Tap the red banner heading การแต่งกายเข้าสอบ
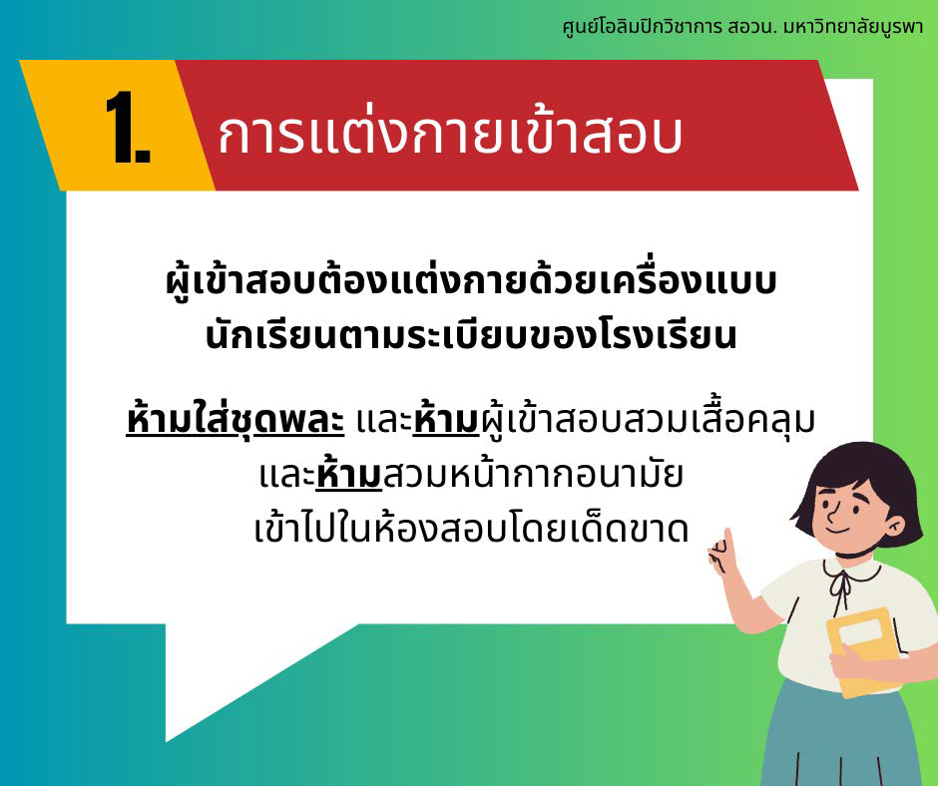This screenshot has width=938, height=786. [450, 133]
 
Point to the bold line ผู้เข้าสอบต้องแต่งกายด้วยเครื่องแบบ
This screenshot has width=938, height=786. [471, 281]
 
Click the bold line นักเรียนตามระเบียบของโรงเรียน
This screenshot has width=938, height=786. [471, 335]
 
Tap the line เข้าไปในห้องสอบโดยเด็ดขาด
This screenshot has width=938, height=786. [471, 528]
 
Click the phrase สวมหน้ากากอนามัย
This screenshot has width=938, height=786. [533, 475]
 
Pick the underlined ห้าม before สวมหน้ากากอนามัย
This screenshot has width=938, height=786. [349, 475]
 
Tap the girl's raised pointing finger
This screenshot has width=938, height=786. [728, 541]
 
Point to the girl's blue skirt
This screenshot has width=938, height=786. [849, 737]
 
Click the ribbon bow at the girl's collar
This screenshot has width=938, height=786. [840, 587]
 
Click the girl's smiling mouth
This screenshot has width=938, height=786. [837, 529]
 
